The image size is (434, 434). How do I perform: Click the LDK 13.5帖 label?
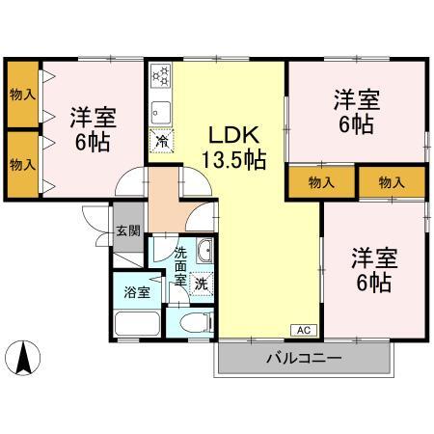pos(234,148)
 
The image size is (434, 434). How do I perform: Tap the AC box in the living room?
pos(304,330)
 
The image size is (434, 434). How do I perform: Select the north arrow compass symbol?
pos(23,358)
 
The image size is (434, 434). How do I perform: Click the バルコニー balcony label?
pos(304,358)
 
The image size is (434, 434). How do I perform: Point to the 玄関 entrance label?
pos(128,231)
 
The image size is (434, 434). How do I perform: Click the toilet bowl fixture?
pos(197,323)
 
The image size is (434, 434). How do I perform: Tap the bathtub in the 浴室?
pos(137,323)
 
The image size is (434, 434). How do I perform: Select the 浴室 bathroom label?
pos(137,292)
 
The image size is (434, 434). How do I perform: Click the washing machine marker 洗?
pos(202,284)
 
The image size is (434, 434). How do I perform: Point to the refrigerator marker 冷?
pos(162,141)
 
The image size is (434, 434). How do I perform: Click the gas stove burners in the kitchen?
pos(161,76)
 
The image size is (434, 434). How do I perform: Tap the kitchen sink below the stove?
pos(161,112)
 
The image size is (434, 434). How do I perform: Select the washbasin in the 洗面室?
pos(204,251)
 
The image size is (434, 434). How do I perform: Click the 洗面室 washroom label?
pos(180,267)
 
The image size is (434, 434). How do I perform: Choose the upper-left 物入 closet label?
pos(22,95)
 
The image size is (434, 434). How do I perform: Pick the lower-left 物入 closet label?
pos(22,165)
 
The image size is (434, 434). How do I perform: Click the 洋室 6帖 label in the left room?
pos(93,129)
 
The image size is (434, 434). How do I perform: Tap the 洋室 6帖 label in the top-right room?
pos(357,112)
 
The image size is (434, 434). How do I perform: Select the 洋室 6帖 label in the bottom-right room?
pos(374,270)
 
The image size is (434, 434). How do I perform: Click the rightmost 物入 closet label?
pos(392,182)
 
